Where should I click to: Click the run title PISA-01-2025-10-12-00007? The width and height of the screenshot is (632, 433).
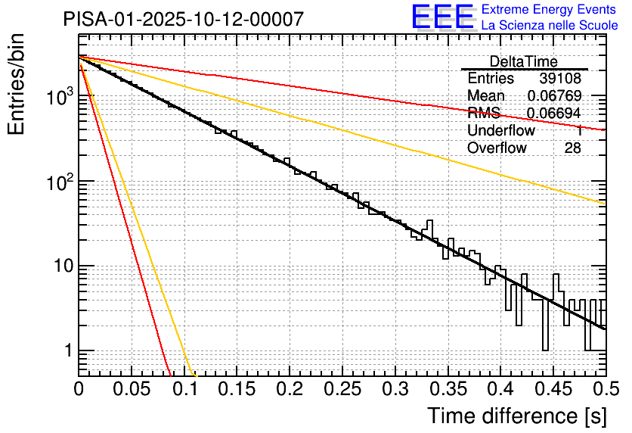pyautogui.click(x=184, y=19)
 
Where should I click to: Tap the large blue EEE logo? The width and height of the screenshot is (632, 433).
pyautogui.click(x=442, y=17)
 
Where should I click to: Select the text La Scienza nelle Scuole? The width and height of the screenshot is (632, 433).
pyautogui.click(x=550, y=26)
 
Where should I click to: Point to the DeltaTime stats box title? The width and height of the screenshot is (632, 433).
pyautogui.click(x=523, y=61)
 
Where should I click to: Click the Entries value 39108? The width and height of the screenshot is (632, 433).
pyautogui.click(x=560, y=79)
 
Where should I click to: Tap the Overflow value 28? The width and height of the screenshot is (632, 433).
pyautogui.click(x=572, y=148)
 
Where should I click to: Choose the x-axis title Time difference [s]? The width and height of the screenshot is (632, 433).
pyautogui.click(x=516, y=416)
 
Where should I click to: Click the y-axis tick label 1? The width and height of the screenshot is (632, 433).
pyautogui.click(x=66, y=351)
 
